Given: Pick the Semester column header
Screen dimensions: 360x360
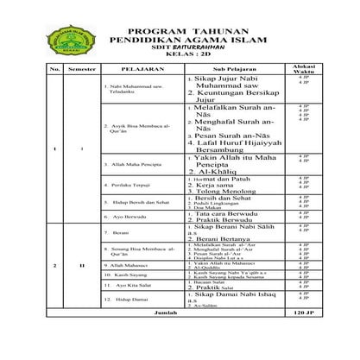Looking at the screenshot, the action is pyautogui.click(x=81, y=68).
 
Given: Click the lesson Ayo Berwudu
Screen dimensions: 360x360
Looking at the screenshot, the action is pyautogui.click(x=128, y=218).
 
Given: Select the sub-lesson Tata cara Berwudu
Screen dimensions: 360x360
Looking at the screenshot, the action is pyautogui.click(x=228, y=213).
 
